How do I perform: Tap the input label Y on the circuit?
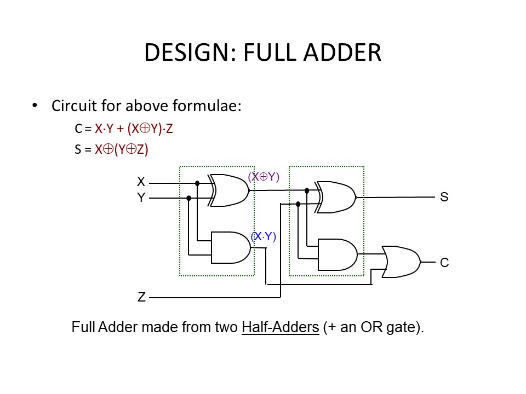(x=141, y=198)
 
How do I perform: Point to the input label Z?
(x=141, y=298)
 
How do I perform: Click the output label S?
(x=444, y=197)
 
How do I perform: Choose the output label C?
(x=444, y=263)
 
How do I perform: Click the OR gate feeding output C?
(x=402, y=262)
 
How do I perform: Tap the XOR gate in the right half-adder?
(x=336, y=197)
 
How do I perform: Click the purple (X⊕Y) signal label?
(x=264, y=177)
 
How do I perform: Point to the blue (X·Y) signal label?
(x=263, y=236)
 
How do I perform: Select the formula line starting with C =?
(x=124, y=129)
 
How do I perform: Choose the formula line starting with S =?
(x=112, y=149)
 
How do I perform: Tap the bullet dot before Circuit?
(x=36, y=105)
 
